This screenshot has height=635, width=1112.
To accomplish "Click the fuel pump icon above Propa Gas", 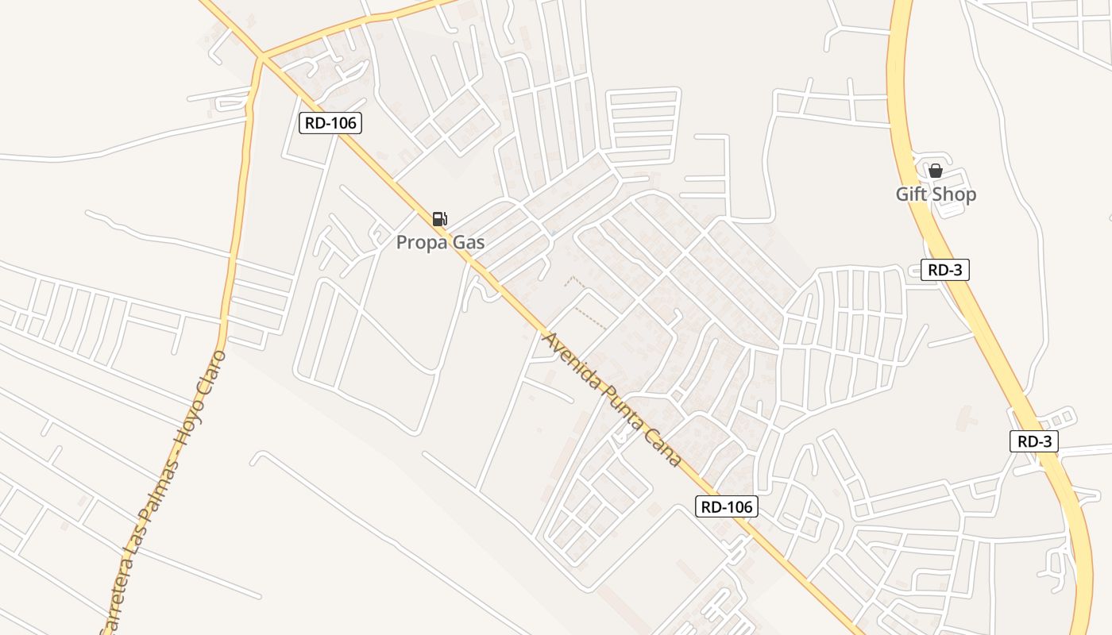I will point(439,219).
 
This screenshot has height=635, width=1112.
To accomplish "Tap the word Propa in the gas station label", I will point(422,242).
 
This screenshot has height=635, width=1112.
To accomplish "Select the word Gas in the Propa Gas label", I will point(469,242).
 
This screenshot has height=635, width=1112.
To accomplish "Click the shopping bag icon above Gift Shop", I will point(936,170).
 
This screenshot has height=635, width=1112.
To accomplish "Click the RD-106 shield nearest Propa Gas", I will point(330,123).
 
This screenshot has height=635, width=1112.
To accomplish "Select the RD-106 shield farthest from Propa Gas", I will point(727,506).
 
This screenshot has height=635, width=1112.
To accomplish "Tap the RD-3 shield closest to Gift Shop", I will point(945,270).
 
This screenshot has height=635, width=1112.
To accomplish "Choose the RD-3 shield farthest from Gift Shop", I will point(1034,441).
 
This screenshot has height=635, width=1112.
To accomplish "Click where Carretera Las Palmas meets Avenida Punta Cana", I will point(261,57).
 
